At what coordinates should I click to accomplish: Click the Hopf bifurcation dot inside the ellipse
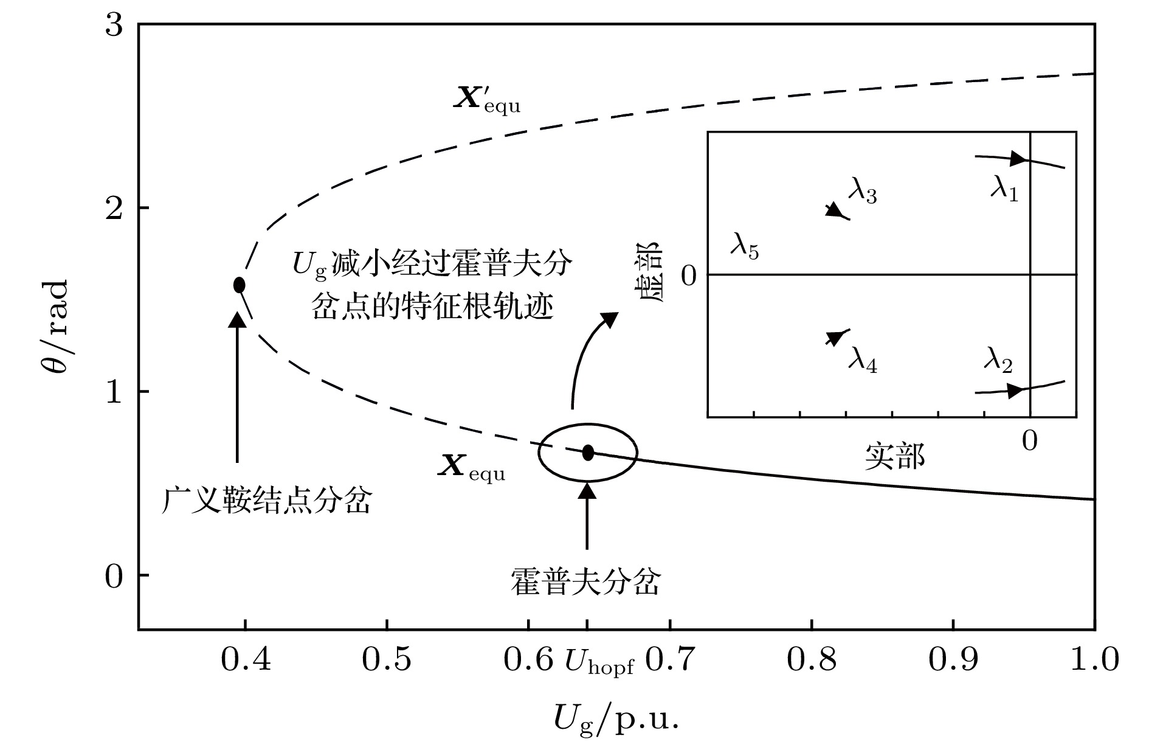coord(588,453)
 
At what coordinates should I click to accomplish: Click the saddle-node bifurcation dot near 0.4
coord(240,285)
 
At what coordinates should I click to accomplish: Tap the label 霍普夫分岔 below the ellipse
coord(585,582)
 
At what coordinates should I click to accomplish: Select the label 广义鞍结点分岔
coord(266,501)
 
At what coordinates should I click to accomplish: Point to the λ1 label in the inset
coord(1004,190)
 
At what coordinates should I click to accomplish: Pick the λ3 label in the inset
coord(863,192)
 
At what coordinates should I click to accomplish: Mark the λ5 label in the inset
coord(744,249)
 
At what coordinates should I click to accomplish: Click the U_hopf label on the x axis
coord(599,661)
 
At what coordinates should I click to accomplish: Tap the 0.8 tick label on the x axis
coord(812,660)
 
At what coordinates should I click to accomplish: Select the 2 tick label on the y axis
coord(114,208)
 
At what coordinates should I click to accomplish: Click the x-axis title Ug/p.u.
coord(615,721)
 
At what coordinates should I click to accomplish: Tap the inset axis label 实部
coord(894,456)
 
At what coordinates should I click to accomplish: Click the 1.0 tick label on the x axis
coord(1094,660)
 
